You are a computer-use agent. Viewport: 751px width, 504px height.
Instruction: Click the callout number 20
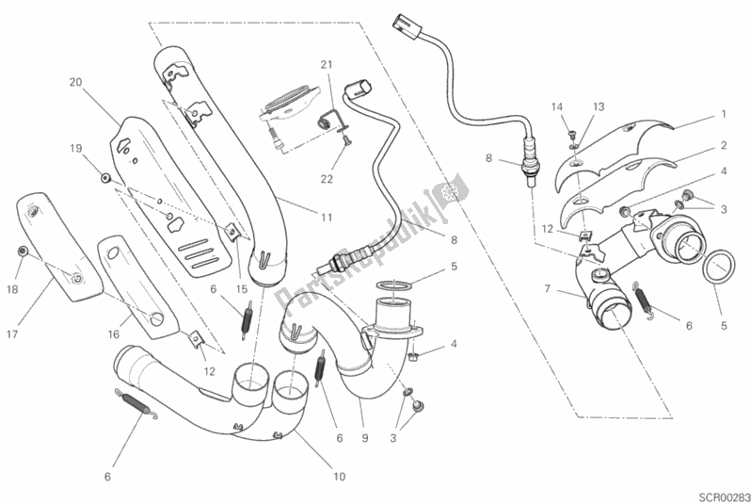coord(75,82)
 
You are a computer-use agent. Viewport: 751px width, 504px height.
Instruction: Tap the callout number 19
coord(75,147)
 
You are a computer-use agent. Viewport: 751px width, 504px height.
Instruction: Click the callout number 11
coord(326,218)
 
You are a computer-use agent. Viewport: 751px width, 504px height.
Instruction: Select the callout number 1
coord(725,113)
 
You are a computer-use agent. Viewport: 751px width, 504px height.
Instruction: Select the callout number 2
coord(725,145)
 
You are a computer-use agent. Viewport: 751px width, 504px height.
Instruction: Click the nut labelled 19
coord(105,177)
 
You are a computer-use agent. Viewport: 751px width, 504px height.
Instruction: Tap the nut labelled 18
coord(23,252)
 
